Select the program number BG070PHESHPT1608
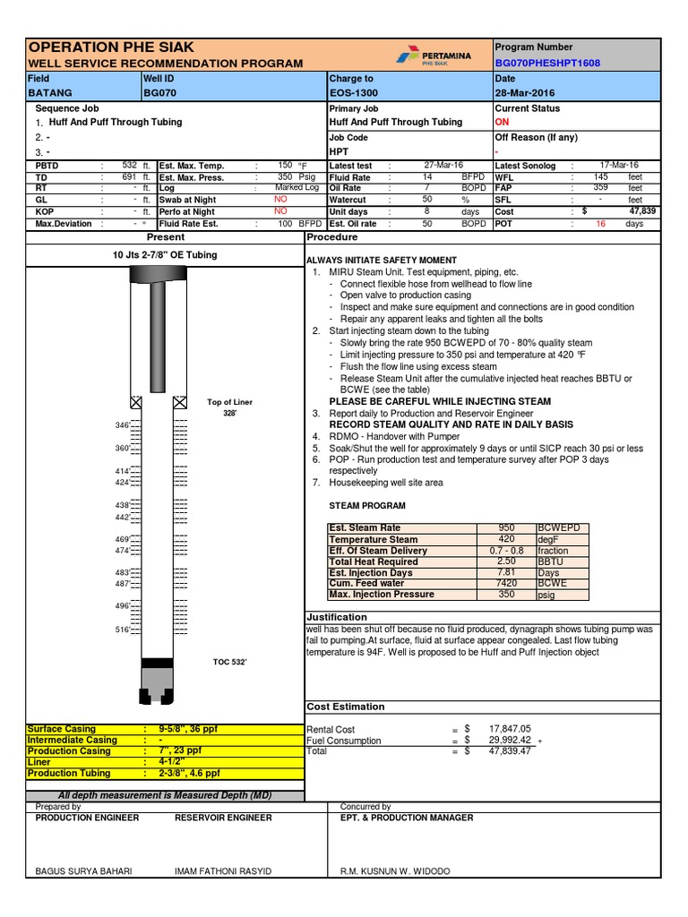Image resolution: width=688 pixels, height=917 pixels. [x=547, y=64]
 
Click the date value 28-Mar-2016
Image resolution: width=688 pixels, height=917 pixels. [x=525, y=93]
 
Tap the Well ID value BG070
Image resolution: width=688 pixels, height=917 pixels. [x=159, y=93]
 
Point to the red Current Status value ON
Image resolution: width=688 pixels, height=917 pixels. [x=502, y=122]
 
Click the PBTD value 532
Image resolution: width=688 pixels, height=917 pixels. [x=129, y=166]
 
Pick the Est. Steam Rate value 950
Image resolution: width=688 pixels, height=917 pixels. [x=506, y=528]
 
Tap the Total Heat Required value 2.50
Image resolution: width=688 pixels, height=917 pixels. [x=506, y=561]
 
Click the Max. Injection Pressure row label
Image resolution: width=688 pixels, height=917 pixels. [x=382, y=595]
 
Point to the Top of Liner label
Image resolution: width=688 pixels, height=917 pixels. [x=229, y=403]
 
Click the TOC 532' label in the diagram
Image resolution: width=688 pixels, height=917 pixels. [x=229, y=662]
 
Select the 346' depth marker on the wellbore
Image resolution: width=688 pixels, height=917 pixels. [x=123, y=424]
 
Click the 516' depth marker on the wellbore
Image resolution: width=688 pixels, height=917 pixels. [x=123, y=630]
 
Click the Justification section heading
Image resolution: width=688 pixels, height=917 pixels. [x=337, y=617]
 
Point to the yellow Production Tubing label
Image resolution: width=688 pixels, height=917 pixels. [x=69, y=773]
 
